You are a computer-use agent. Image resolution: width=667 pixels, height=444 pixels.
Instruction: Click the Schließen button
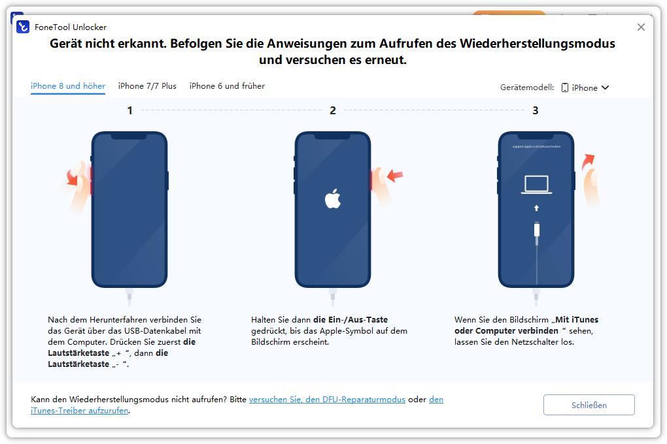point(589,405)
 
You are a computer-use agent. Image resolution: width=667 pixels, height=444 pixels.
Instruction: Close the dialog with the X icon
point(641,27)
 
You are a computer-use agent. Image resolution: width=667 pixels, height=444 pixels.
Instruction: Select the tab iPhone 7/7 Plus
point(147,86)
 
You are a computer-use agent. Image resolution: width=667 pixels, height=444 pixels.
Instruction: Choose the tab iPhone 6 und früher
point(227,86)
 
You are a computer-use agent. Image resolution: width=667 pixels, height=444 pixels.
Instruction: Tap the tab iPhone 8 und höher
point(68,86)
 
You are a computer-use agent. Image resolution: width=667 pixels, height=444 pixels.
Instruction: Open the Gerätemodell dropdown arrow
point(606,87)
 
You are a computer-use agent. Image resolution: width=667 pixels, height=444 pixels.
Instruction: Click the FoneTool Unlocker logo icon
point(23,27)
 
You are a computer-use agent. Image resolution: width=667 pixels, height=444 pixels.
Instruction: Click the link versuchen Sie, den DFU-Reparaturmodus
point(327,400)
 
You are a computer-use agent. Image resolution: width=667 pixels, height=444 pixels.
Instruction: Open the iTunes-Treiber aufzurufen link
point(80,411)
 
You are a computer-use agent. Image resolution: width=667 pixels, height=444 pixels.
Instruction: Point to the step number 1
point(129,110)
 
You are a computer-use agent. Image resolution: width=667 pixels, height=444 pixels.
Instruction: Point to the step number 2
point(333,110)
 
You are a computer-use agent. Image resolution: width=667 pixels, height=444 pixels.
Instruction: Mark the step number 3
point(536,110)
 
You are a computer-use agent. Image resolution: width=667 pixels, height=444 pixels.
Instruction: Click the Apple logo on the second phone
point(333,198)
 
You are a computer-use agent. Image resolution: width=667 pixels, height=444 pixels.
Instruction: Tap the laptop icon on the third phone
point(536,185)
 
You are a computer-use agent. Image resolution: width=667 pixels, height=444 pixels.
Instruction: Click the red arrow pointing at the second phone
point(395,175)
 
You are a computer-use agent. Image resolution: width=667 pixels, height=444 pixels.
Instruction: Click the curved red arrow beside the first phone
point(72,178)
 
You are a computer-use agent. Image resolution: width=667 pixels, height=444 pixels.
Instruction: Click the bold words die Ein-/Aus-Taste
point(351,319)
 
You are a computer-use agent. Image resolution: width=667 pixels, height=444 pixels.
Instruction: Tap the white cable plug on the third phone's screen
point(537,230)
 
